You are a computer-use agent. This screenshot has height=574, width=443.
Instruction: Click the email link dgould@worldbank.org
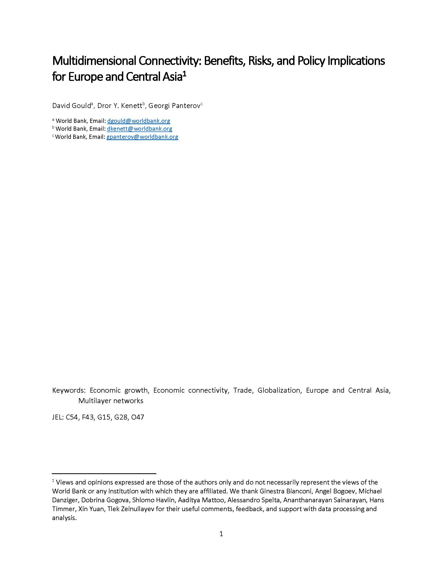(139, 121)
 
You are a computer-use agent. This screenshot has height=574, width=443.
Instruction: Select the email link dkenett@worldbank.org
(139, 129)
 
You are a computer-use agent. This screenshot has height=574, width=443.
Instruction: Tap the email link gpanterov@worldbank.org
(142, 137)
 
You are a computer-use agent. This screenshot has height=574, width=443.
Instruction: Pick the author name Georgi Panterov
(174, 106)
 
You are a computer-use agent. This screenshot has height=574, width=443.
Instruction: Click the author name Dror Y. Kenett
(120, 106)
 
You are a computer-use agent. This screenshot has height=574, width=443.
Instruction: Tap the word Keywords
(69, 390)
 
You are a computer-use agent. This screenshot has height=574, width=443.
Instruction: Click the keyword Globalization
(279, 390)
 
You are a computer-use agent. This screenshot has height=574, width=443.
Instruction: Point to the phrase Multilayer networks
(111, 401)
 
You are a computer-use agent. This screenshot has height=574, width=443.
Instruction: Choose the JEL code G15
(103, 417)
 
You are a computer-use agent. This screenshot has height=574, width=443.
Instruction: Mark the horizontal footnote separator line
(104, 474)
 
